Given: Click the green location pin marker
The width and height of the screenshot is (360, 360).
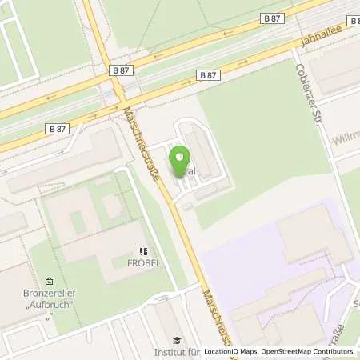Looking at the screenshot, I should (x=180, y=162).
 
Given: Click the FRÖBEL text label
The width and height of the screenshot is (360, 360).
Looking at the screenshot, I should (x=144, y=263).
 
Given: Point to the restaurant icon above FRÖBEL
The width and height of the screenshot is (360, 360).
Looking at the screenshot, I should (x=144, y=251).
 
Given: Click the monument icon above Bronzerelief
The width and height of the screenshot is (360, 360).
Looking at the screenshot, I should (x=50, y=282).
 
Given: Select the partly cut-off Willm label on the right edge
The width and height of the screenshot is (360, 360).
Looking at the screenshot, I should (x=346, y=137).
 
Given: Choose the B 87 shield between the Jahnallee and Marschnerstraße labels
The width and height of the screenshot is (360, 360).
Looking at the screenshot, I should (x=207, y=74).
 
